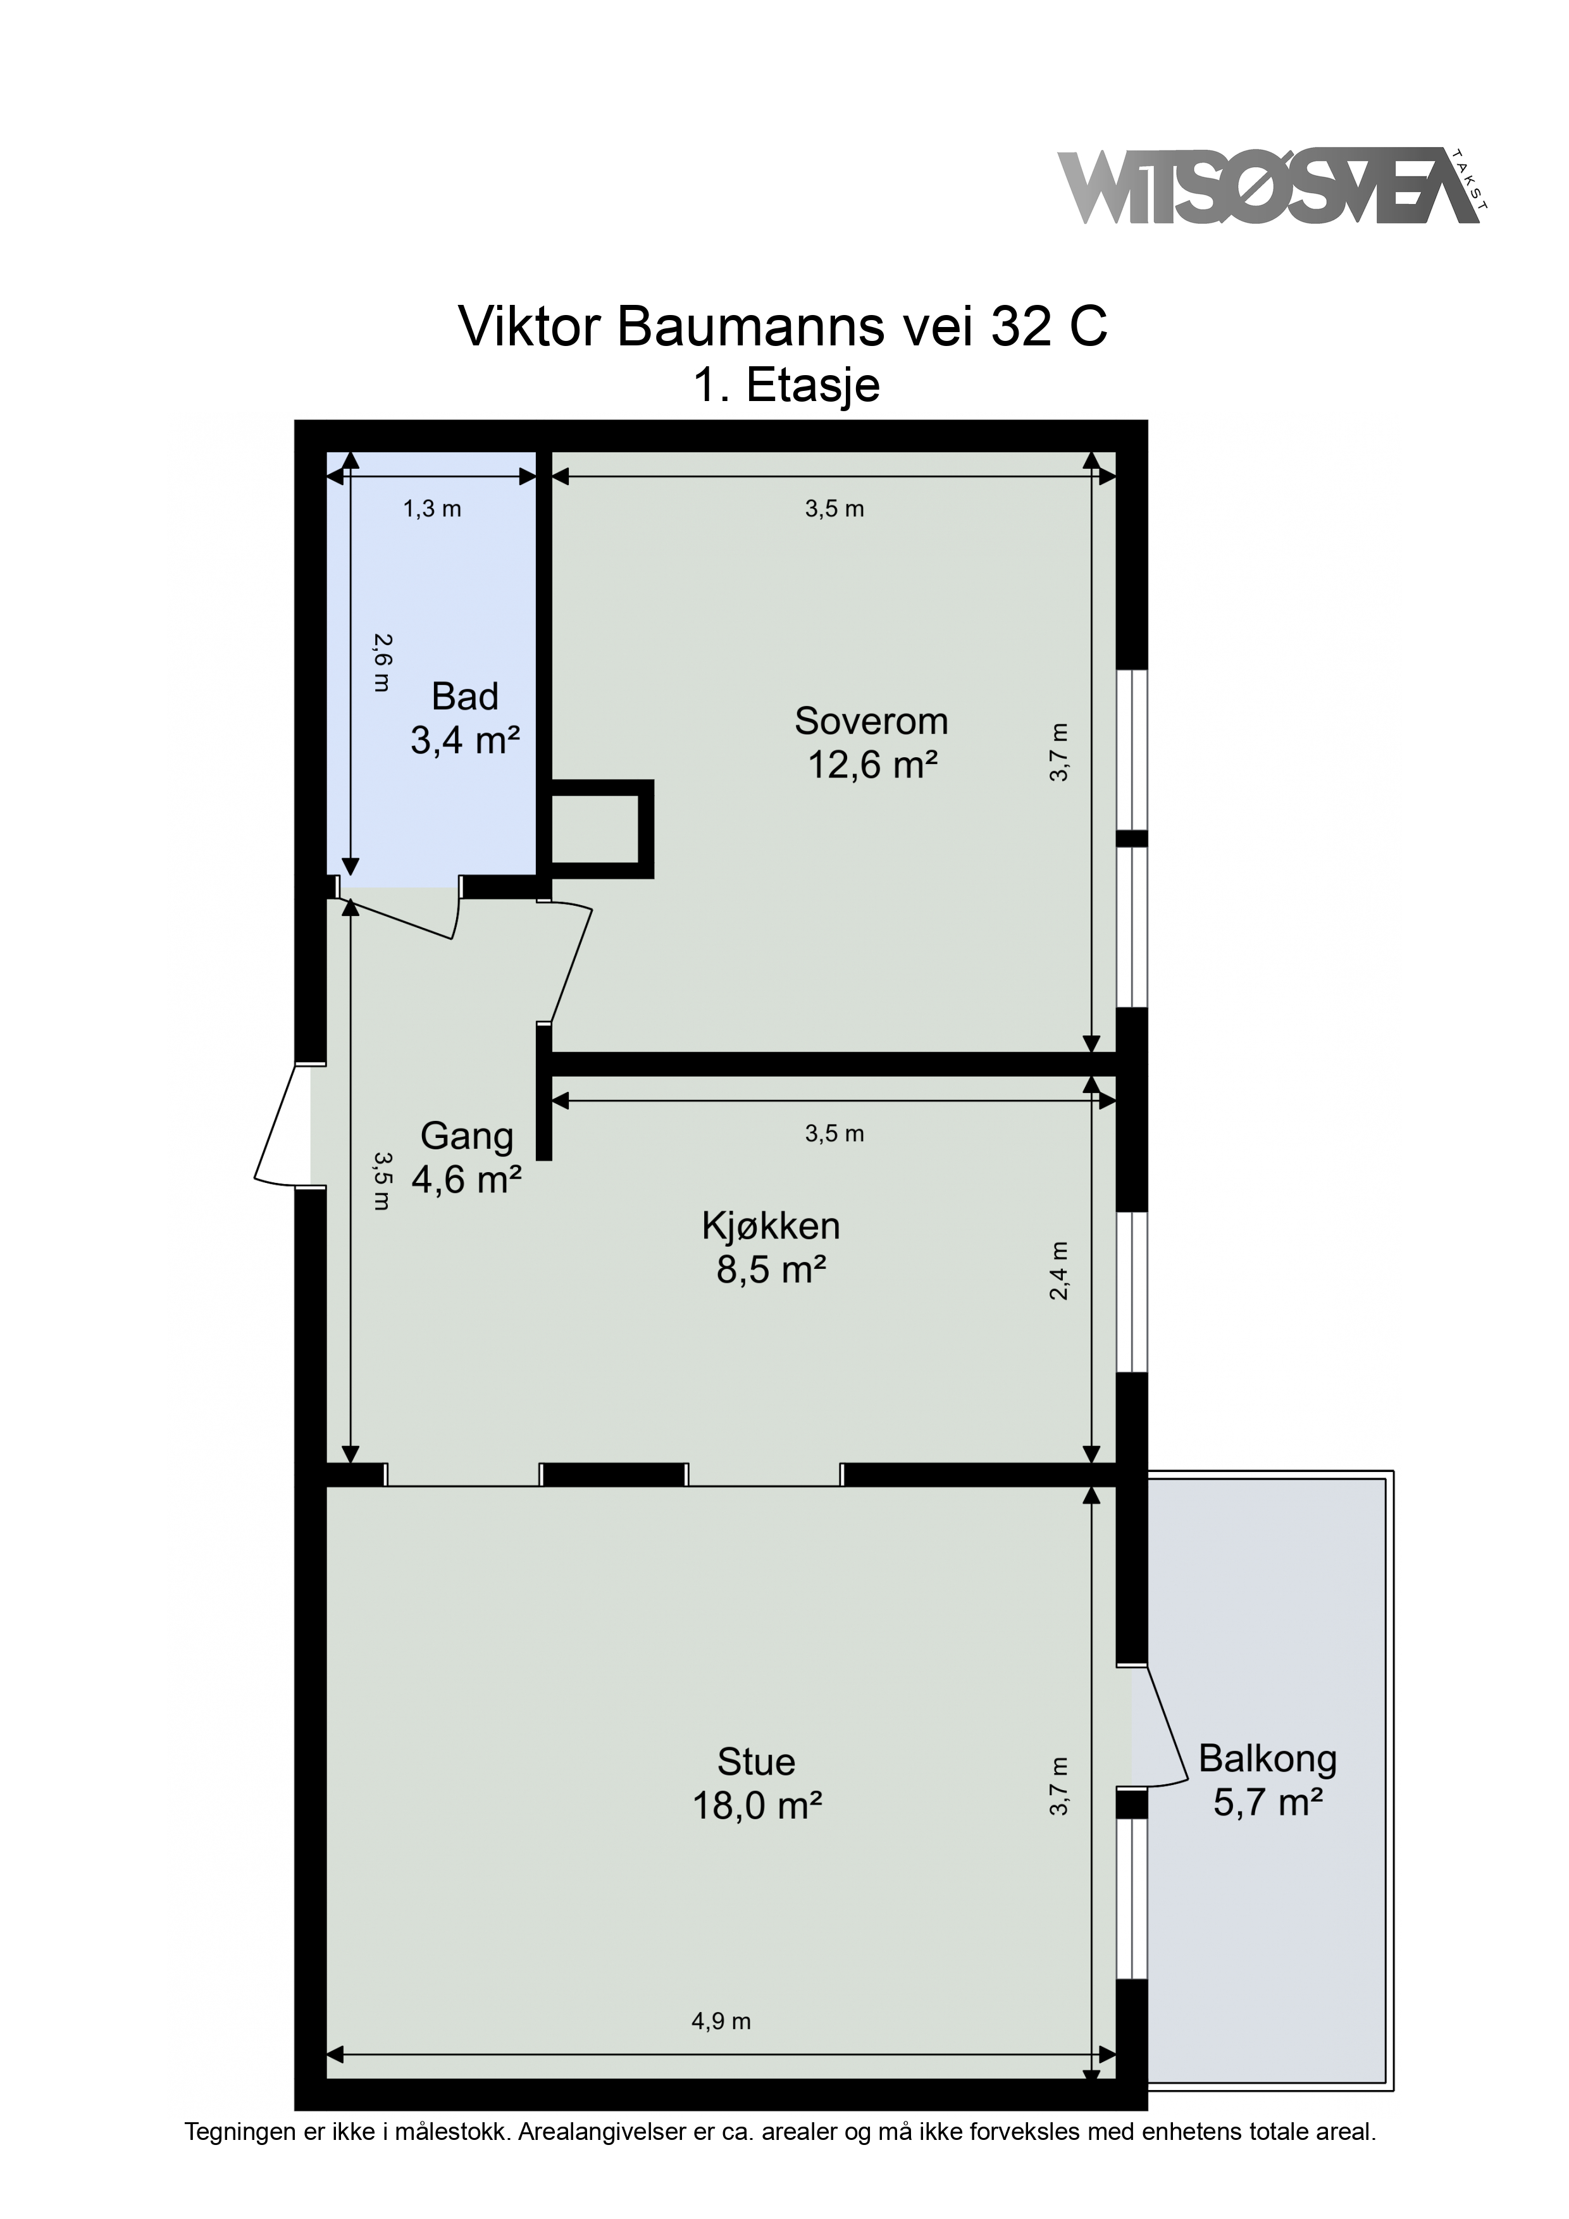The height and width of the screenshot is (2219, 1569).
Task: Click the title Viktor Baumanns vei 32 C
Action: pos(783,326)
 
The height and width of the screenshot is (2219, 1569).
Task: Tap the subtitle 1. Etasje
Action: pos(786,385)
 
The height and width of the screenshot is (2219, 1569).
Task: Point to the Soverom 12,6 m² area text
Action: pos(872,765)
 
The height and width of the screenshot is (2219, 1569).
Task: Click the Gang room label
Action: pos(467,1135)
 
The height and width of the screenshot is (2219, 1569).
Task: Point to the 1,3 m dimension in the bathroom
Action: pos(432,509)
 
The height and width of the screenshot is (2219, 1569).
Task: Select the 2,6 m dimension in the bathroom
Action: pos(383,662)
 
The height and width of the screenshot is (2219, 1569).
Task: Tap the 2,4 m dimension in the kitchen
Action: pos(1060,1271)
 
